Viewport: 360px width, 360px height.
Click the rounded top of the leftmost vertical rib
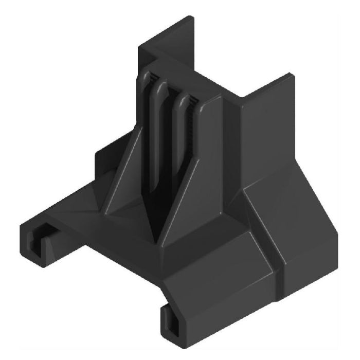tap(146, 78)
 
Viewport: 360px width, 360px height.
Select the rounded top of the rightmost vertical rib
tap(181, 98)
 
